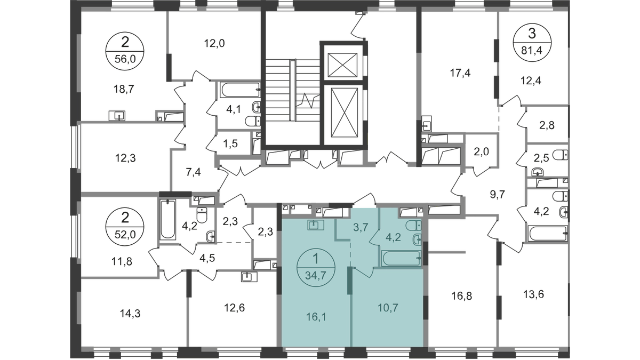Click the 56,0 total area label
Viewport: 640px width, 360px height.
click(125, 60)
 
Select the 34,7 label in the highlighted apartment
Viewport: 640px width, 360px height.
click(316, 276)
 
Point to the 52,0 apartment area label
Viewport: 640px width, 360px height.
click(125, 235)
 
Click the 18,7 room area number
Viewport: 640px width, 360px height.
click(124, 90)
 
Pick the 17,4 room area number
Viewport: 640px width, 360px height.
click(460, 73)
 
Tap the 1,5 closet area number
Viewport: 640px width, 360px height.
click(230, 143)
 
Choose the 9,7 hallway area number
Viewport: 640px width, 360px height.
click(498, 195)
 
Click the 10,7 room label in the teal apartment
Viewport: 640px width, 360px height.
click(388, 308)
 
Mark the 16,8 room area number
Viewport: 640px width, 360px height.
click(462, 296)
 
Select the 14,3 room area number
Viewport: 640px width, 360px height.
click(130, 314)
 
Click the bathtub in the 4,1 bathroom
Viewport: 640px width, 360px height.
click(241, 90)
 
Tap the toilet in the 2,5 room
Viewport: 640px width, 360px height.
click(560, 155)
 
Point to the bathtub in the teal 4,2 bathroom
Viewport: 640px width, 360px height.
click(402, 258)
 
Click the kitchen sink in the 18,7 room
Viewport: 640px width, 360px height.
click(117, 116)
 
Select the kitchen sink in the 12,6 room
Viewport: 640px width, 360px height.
click(249, 277)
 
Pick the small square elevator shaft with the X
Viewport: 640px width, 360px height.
click(342, 65)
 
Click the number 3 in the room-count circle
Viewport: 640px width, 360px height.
click(532, 34)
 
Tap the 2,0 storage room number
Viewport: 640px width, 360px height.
click(482, 152)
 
